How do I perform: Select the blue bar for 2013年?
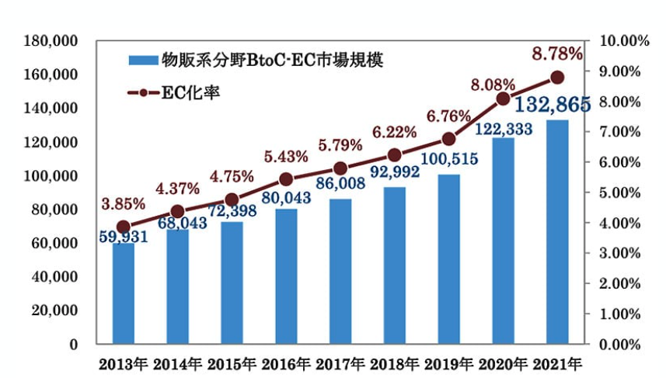(x=123, y=295)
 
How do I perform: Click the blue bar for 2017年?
(x=340, y=272)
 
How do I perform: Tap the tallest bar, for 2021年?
(x=557, y=233)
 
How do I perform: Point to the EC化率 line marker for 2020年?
(x=503, y=99)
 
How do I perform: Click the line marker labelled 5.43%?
(x=285, y=179)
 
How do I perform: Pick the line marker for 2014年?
(x=177, y=211)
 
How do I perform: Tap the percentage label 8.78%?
(x=556, y=54)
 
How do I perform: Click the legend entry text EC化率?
(x=190, y=92)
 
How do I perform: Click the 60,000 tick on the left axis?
(x=53, y=243)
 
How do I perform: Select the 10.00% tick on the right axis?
(x=626, y=40)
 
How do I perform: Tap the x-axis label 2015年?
(x=231, y=363)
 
